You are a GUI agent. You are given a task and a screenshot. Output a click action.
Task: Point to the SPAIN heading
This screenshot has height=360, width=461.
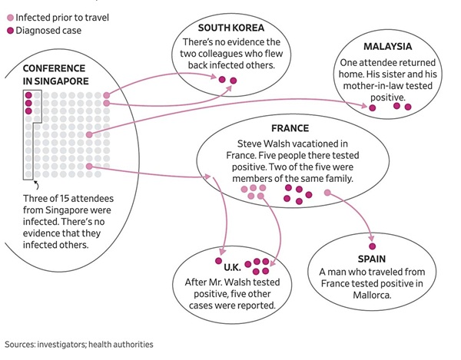pos(372,259)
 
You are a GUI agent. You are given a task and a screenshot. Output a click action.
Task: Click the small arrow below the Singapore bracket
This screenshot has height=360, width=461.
pos(35,184)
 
